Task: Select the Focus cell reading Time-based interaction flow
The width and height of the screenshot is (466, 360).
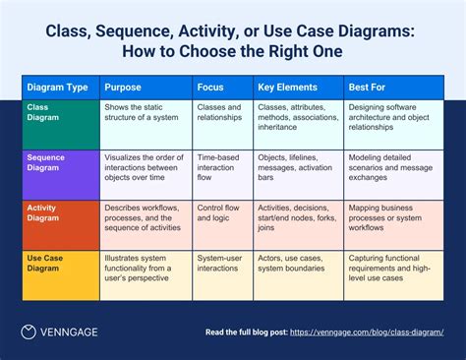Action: coord(222,167)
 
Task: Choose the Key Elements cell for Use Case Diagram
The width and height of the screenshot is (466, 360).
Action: coord(298,267)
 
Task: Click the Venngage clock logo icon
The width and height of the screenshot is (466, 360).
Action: coord(30,332)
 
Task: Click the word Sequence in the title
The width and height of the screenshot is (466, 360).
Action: coord(155,31)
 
